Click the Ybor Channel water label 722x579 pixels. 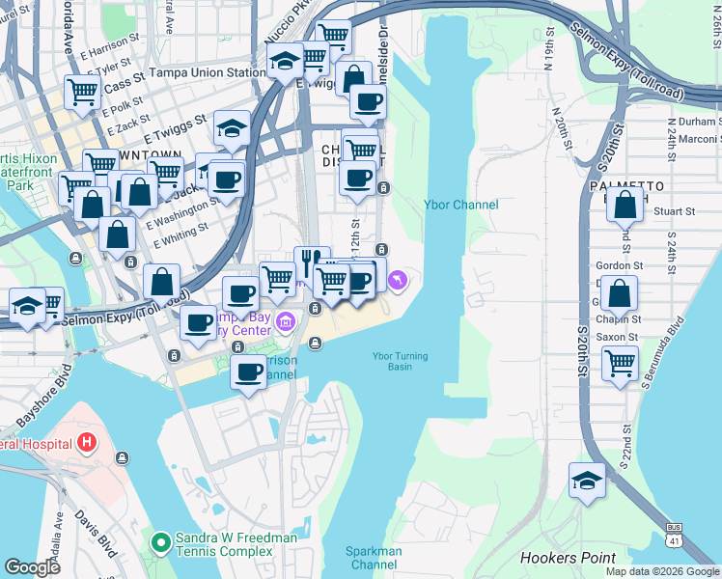coord(461,205)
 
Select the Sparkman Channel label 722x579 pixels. coord(373,557)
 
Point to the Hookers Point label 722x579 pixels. coord(568,558)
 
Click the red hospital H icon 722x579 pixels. coord(87,443)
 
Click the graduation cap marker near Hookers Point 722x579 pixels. coord(587,480)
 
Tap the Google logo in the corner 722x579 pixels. coord(32,566)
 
